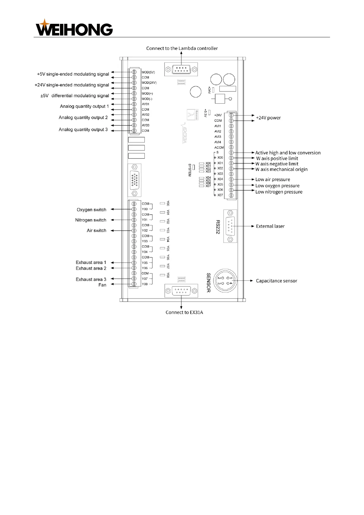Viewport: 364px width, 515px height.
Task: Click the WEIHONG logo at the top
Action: click(x=74, y=28)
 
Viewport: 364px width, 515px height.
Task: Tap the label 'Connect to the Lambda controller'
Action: click(x=182, y=48)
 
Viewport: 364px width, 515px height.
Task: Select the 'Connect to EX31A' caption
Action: click(x=184, y=312)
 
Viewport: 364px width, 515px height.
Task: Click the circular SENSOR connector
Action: click(x=225, y=281)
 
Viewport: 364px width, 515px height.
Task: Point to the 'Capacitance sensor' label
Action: click(x=277, y=281)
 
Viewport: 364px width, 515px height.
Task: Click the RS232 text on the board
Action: click(x=218, y=227)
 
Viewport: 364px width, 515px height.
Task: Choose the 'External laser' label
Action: click(x=270, y=226)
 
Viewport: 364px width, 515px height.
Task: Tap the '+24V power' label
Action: click(x=268, y=118)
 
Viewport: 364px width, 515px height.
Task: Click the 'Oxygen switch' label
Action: click(x=91, y=210)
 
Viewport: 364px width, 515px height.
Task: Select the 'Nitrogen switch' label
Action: click(x=91, y=220)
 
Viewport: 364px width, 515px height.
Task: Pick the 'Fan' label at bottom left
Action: click(x=102, y=285)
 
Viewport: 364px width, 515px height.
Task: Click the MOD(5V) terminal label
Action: click(x=148, y=72)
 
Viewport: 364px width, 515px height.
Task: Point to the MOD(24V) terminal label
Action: click(x=149, y=83)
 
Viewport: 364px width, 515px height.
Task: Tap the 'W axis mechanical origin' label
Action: click(x=281, y=169)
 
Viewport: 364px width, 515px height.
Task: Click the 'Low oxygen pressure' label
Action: click(x=277, y=186)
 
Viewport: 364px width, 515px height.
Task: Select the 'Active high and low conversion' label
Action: click(x=288, y=153)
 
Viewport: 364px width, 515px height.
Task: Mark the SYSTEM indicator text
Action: click(x=190, y=170)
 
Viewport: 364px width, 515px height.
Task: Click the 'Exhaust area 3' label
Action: click(x=91, y=280)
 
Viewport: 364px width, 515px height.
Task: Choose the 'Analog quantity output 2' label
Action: click(x=83, y=117)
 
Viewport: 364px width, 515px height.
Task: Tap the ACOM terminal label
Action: click(x=219, y=147)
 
